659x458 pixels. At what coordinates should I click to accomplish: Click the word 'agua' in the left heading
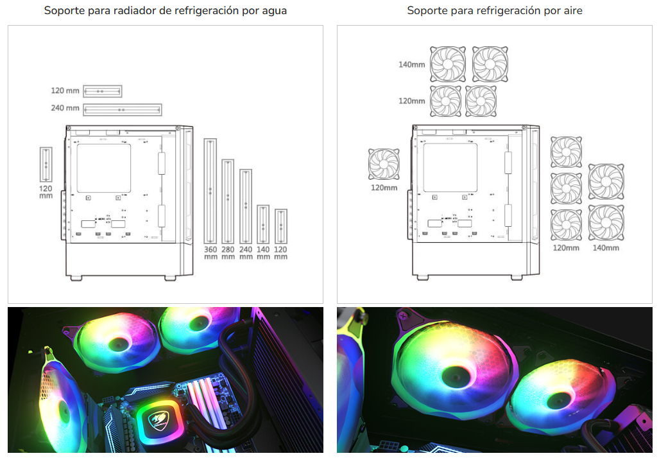(x=274, y=10)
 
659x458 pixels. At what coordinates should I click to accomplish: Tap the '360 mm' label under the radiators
(x=210, y=252)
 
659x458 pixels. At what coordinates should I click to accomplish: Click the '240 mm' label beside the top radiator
(x=65, y=108)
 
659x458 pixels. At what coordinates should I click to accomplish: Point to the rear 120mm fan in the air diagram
(x=384, y=164)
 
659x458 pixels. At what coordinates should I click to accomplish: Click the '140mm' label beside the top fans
(x=412, y=65)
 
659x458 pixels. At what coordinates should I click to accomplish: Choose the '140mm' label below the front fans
(x=606, y=248)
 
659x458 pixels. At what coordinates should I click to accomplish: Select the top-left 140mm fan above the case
(x=448, y=64)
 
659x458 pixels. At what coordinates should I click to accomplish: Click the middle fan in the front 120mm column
(x=566, y=188)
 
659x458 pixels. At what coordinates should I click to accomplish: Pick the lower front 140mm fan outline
(x=606, y=223)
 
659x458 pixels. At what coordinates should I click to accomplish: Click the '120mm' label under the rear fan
(x=384, y=188)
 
